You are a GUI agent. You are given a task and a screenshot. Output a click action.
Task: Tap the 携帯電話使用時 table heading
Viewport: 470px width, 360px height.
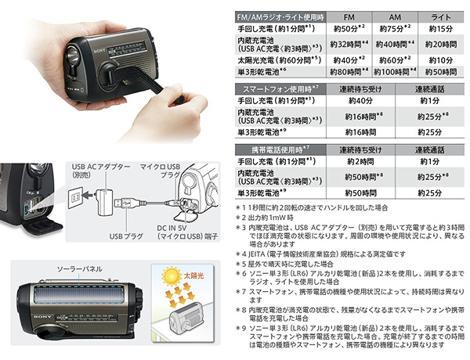tap(267, 149)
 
